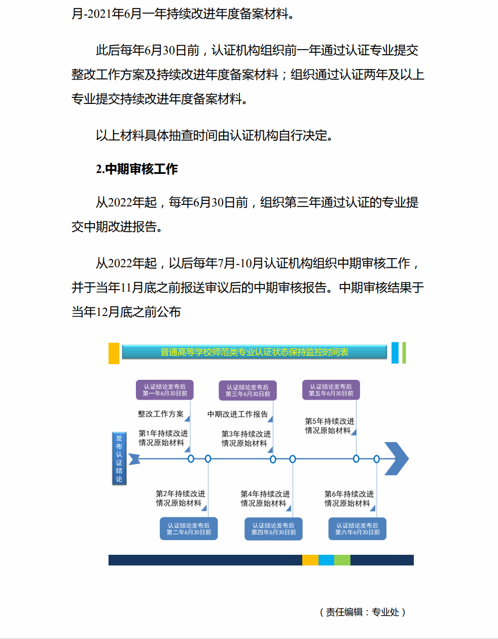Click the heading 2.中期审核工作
pyautogui.click(x=137, y=169)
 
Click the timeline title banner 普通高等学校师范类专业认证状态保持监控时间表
pyautogui.click(x=254, y=352)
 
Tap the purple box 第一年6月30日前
pyautogui.click(x=165, y=390)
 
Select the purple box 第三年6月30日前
pyautogui.click(x=247, y=390)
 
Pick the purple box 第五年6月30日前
pyautogui.click(x=331, y=390)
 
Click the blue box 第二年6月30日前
pyautogui.click(x=189, y=528)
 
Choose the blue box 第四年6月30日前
pyautogui.click(x=273, y=528)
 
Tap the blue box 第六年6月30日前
pyautogui.click(x=357, y=528)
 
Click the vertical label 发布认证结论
pyautogui.click(x=119, y=458)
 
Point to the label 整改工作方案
pyautogui.click(x=161, y=414)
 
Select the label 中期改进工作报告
pyautogui.click(x=237, y=414)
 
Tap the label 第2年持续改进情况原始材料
pyautogui.click(x=180, y=498)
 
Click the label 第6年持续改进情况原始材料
pyautogui.click(x=349, y=498)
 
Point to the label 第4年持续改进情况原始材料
pyautogui.click(x=265, y=498)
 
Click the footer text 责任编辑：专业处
pyautogui.click(x=363, y=612)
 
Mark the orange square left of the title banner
pyautogui.click(x=114, y=353)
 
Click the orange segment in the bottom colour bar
pyautogui.click(x=310, y=560)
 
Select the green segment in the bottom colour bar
pyautogui.click(x=342, y=560)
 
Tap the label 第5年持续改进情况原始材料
pyautogui.click(x=329, y=425)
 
